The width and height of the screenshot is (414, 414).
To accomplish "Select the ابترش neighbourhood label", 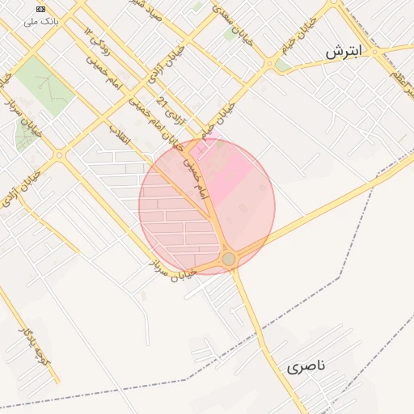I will pyautogui.click(x=345, y=52).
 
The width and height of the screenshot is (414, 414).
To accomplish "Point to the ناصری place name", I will pyautogui.click(x=306, y=366).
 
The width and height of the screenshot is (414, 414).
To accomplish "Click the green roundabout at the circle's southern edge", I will pyautogui.click(x=229, y=259).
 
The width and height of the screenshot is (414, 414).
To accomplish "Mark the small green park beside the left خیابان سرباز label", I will pyautogui.click(x=27, y=137).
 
